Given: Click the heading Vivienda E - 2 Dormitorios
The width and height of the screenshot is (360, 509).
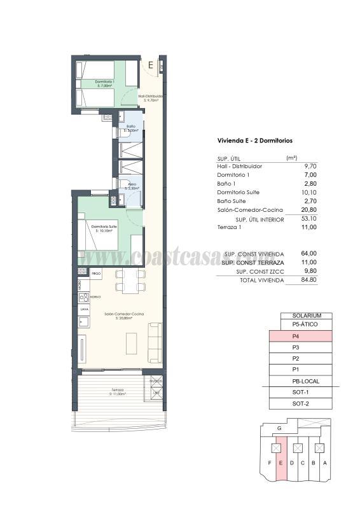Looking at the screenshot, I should [254, 141].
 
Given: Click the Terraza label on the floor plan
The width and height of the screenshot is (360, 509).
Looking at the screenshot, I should [116, 389].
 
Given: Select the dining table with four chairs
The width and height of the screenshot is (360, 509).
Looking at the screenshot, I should [130, 280].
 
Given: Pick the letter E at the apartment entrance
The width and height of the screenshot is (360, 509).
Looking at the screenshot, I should [150, 65].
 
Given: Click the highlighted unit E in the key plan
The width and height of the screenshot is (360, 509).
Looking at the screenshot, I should [280, 463].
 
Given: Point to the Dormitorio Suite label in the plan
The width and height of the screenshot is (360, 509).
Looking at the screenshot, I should [103, 227].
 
